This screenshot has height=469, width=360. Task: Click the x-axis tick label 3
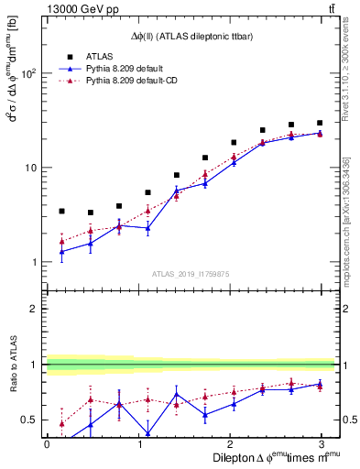click(320, 442)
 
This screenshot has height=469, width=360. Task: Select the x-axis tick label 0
click(47, 442)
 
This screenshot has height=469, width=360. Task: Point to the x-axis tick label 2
click(229, 442)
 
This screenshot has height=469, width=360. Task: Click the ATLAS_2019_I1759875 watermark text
click(191, 273)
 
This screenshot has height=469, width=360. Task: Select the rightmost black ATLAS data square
click(320, 123)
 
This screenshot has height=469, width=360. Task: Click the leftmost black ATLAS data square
click(61, 211)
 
